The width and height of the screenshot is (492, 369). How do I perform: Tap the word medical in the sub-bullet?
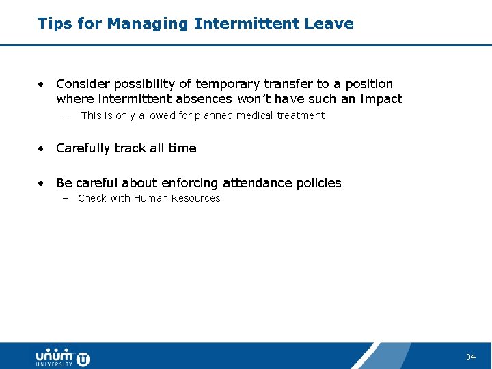[253, 115]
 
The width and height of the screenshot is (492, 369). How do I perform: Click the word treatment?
[301, 115]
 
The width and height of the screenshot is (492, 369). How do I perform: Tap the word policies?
[319, 183]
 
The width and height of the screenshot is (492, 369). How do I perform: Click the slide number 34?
[470, 357]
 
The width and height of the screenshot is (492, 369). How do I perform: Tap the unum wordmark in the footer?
[54, 355]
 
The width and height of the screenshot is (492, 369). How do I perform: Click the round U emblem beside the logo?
[83, 358]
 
